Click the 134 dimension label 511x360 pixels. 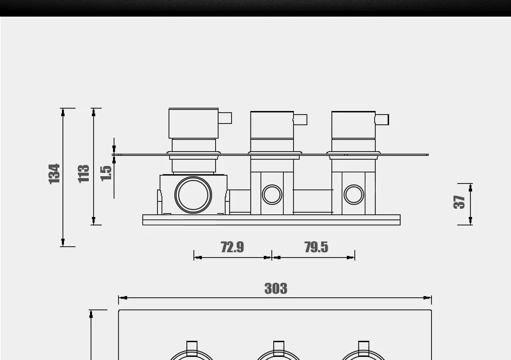54,174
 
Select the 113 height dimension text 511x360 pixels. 84,174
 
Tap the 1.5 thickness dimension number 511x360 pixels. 106,174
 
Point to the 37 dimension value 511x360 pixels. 459,202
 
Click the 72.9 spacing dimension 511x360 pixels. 233,247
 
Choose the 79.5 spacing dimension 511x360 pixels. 316,247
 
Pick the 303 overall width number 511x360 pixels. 276,289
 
